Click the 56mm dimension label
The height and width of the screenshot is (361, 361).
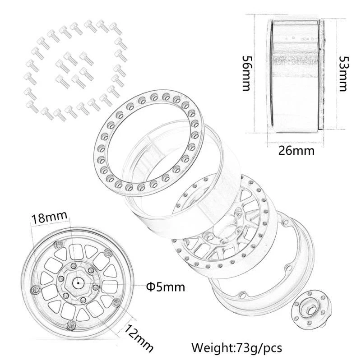click(246, 74)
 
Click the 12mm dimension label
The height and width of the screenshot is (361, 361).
click(139, 337)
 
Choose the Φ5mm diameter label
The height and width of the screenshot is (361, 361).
click(166, 286)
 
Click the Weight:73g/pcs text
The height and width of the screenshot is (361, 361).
click(236, 348)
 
